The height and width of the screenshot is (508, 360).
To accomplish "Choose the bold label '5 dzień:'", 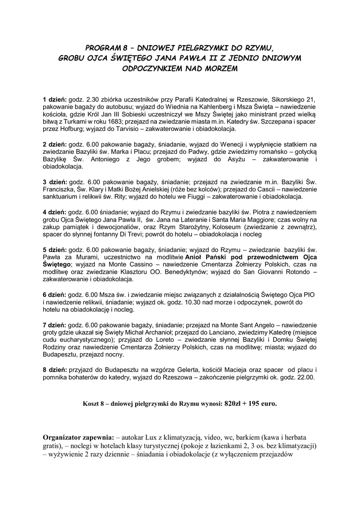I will [x=55, y=250].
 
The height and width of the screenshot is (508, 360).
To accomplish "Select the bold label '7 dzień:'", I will [x=55, y=325].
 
